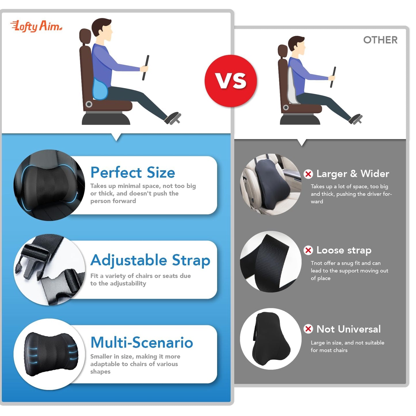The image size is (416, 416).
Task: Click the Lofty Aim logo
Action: [x=36, y=26]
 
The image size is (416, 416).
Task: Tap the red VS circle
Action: [x=231, y=81]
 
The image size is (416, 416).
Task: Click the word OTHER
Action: [x=380, y=40]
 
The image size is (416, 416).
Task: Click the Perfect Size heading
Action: [x=133, y=172]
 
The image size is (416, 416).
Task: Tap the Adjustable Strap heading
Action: [x=150, y=260]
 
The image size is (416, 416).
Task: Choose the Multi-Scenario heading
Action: [x=142, y=342]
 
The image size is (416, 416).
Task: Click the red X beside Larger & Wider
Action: [x=308, y=174]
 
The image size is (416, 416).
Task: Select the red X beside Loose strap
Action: [x=308, y=250]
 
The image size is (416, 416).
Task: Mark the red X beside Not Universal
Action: [x=308, y=329]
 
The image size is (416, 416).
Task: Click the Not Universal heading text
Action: [x=348, y=329]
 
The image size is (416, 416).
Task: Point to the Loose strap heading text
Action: [x=344, y=250]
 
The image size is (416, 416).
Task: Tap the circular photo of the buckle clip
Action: [x=50, y=269]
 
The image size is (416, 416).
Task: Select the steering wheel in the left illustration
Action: [x=146, y=68]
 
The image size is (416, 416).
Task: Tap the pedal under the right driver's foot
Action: [x=356, y=119]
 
